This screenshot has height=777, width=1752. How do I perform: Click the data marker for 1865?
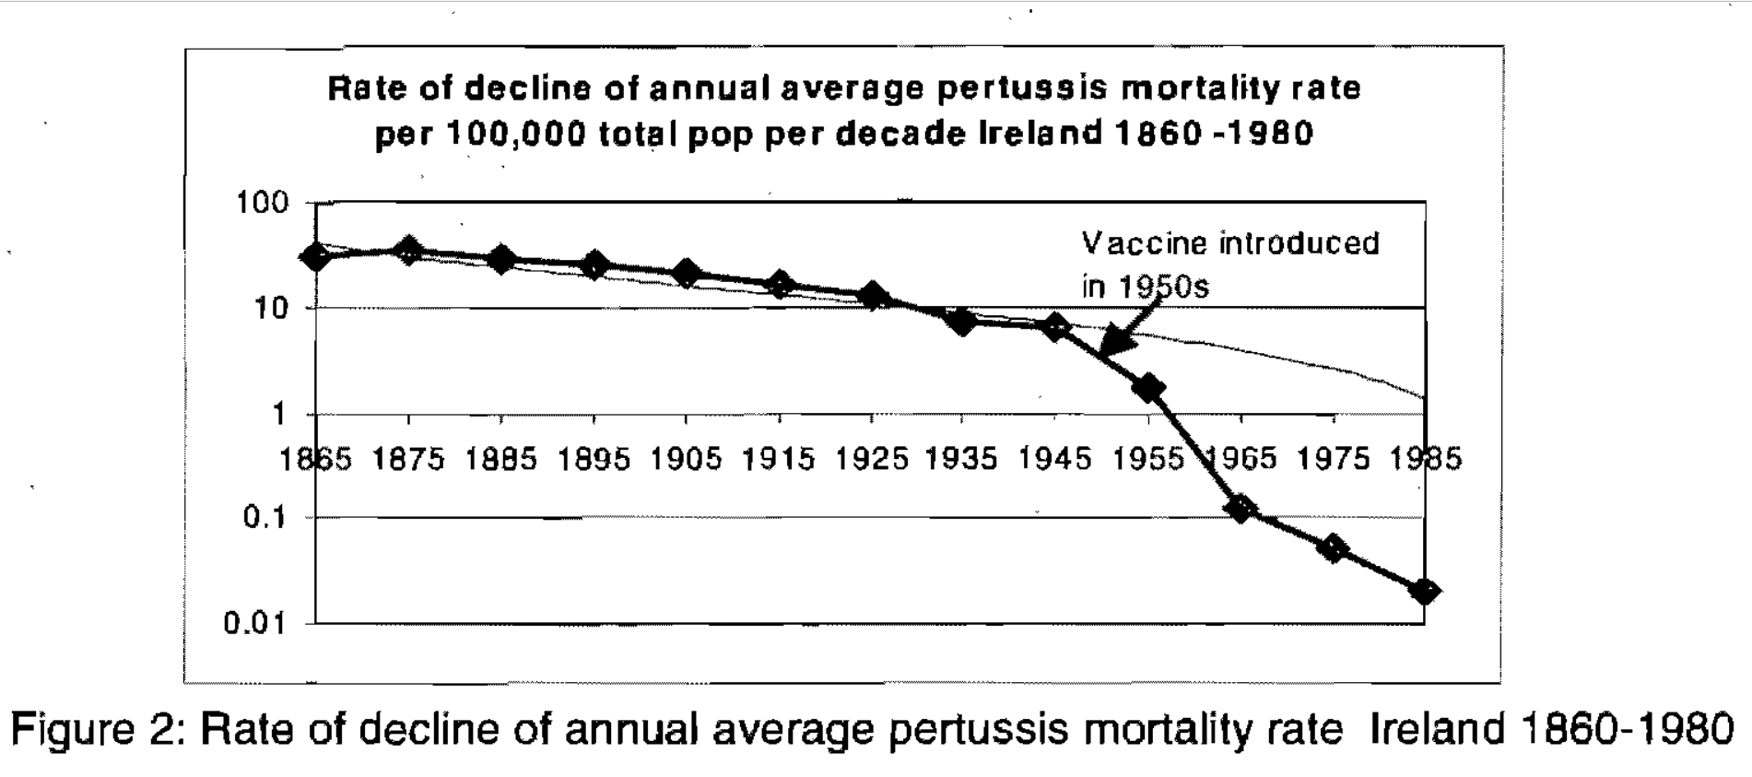tap(316, 256)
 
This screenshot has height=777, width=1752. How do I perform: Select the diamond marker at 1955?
tap(1148, 388)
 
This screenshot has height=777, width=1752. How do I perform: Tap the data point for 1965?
tap(1241, 508)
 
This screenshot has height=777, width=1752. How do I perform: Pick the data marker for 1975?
tap(1334, 549)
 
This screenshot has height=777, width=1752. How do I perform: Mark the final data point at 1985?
tap(1425, 591)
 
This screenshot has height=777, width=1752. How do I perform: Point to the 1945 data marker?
tap(1056, 327)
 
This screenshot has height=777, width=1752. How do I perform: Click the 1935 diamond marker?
tap(962, 322)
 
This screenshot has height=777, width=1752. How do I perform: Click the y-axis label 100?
tap(263, 203)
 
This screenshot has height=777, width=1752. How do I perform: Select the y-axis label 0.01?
tap(255, 624)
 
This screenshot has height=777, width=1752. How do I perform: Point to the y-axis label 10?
tap(271, 308)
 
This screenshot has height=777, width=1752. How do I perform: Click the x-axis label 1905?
tap(687, 459)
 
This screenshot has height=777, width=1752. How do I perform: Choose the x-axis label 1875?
tap(408, 459)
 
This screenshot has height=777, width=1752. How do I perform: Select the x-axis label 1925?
tap(872, 459)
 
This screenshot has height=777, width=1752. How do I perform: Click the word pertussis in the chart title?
tap(1014, 88)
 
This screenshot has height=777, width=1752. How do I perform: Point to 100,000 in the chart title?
tap(516, 135)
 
